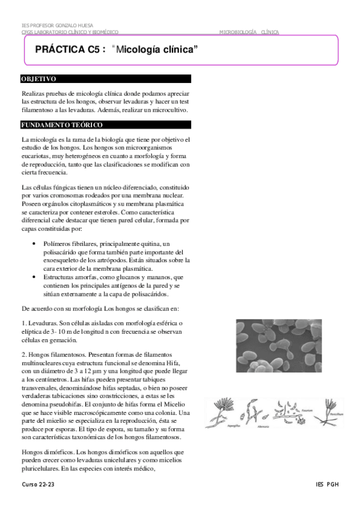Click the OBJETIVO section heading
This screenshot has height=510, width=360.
click(38, 79)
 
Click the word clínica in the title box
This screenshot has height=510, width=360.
click(178, 51)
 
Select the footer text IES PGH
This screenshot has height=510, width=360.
click(327, 484)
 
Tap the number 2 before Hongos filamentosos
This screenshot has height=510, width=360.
click(23, 353)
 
